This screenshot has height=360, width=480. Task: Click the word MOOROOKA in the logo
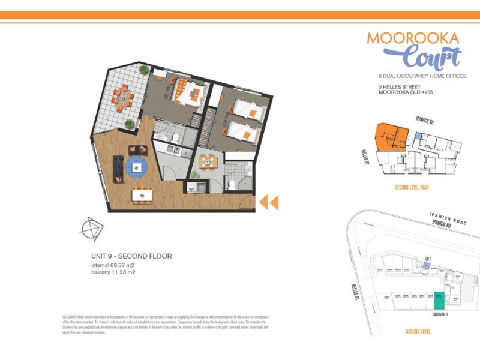(413, 38)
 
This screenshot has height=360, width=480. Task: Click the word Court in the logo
(431, 58)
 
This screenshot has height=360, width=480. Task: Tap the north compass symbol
(92, 228)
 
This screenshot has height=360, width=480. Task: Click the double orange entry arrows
(268, 203)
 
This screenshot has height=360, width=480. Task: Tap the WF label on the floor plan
(193, 190)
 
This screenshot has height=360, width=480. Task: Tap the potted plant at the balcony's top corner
(143, 70)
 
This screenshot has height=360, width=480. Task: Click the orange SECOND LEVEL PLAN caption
(411, 187)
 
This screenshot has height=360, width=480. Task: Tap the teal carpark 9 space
(439, 299)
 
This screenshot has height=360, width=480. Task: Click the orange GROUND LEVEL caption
(420, 331)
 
